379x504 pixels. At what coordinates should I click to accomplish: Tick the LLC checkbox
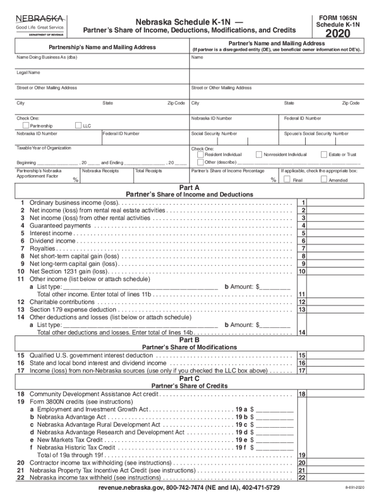click(78, 126)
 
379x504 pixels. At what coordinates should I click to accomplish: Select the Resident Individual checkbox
click(200, 154)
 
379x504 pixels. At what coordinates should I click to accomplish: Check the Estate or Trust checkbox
click(324, 154)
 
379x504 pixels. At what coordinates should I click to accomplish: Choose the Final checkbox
click(286, 180)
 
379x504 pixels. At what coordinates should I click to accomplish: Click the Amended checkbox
click(324, 180)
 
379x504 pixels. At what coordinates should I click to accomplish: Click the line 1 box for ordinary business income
click(304, 203)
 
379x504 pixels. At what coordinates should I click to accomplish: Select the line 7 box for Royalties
click(304, 249)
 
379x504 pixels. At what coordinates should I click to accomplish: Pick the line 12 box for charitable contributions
click(304, 302)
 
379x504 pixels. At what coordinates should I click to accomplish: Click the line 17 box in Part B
click(304, 371)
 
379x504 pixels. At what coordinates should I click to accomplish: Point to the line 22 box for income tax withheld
click(304, 477)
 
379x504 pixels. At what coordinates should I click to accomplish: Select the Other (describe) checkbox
click(200, 162)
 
